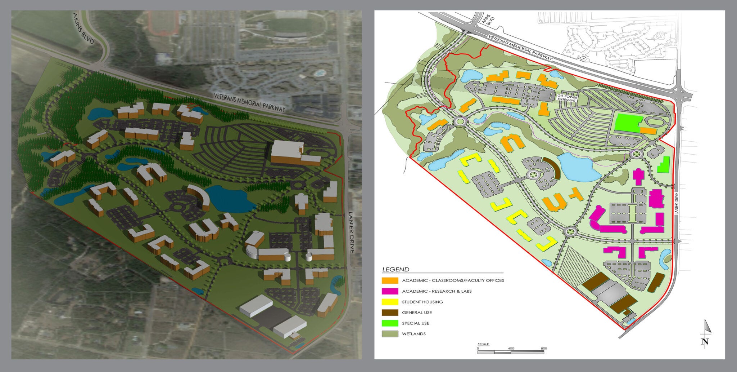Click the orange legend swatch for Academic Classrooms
(390, 280)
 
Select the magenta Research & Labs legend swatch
(390, 291)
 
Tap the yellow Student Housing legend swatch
(390, 302)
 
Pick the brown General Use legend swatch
(390, 313)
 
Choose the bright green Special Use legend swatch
(390, 323)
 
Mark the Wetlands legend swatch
(390, 334)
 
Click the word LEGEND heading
(395, 269)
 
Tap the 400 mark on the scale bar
(511, 349)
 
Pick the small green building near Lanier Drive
(663, 165)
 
